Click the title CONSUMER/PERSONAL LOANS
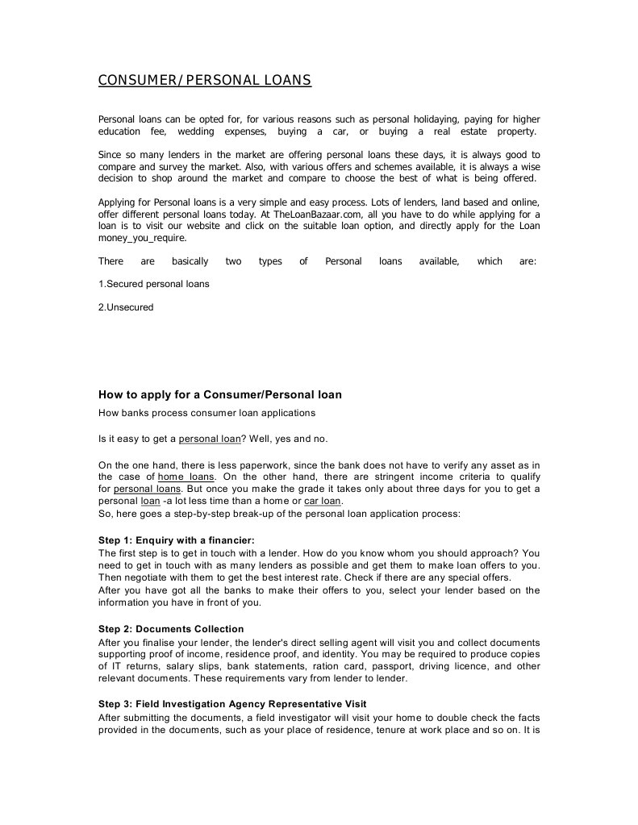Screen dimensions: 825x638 point(204,81)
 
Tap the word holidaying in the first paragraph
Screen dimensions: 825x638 point(436,119)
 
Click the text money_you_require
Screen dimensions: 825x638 point(142,239)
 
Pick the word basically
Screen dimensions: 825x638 point(190,261)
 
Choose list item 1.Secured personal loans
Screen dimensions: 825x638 point(153,284)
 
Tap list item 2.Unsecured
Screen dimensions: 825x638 point(126,307)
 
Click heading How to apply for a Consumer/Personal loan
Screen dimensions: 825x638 point(220,395)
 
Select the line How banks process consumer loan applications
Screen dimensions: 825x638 point(206,413)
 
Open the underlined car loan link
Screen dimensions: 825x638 point(323,501)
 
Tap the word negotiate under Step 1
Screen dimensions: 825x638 point(150,577)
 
